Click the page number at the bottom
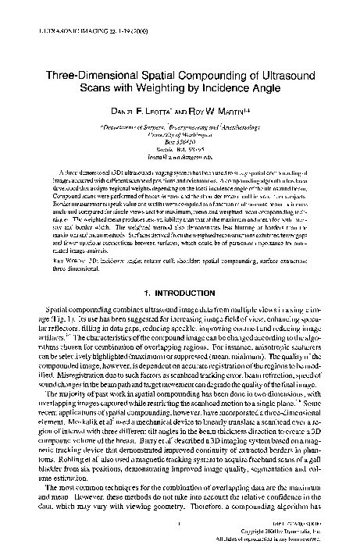180,523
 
